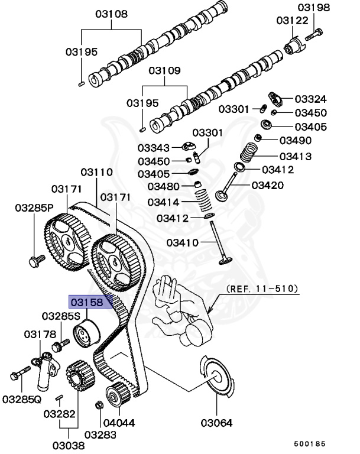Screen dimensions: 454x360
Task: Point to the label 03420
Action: [x=267, y=186]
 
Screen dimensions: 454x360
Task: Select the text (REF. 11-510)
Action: [x=262, y=289]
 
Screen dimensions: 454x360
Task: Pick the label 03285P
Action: [x=34, y=208]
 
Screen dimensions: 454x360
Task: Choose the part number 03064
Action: [x=216, y=423]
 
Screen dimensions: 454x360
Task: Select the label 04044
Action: [x=119, y=423]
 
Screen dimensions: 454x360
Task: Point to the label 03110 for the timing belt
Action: [x=96, y=173]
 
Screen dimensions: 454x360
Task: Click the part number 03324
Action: [x=311, y=99]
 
